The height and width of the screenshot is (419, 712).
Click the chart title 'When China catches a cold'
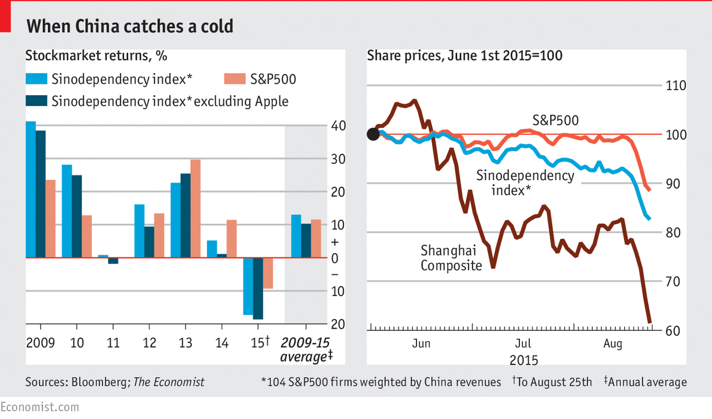point(129,26)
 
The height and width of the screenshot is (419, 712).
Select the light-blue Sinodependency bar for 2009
point(31,189)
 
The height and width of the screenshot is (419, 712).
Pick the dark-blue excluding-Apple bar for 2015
point(258,289)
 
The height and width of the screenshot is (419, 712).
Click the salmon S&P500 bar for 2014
point(232,239)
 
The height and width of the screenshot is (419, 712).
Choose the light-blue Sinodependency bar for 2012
point(139,231)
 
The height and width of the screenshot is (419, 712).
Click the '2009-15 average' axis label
point(306,350)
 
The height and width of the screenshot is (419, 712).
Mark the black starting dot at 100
point(373,134)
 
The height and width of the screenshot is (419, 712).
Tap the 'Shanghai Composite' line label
point(451,257)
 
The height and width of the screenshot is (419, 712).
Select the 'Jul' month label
point(523,344)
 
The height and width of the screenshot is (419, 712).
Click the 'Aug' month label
point(613,344)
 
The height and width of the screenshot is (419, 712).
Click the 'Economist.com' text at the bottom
point(39,407)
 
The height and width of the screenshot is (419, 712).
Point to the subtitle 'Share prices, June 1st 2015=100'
point(464,56)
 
